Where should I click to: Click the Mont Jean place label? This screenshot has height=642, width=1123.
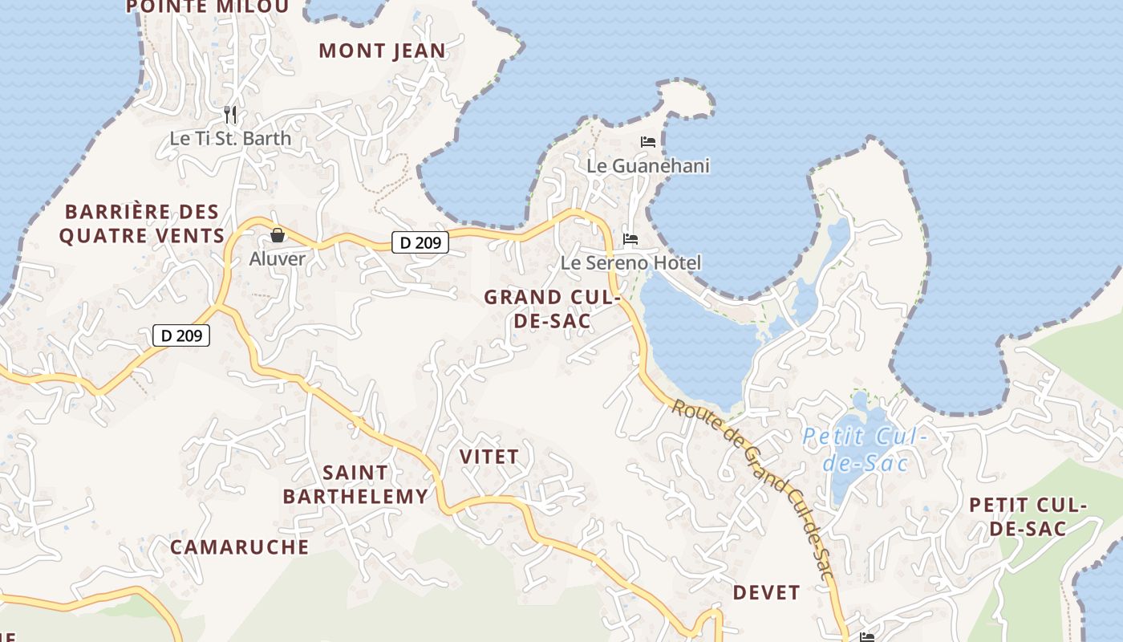(382, 51)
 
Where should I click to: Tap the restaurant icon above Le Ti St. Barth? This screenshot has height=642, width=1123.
(230, 115)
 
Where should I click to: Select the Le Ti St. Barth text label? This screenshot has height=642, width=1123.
(230, 138)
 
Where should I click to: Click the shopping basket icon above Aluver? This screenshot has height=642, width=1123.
(278, 235)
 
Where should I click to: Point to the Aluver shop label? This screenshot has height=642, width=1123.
(278, 258)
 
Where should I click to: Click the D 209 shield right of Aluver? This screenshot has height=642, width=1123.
(420, 242)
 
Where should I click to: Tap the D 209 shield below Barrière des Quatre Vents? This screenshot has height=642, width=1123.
(181, 335)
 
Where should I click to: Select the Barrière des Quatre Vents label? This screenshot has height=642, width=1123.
(142, 224)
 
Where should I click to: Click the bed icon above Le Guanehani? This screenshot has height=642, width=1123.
(648, 142)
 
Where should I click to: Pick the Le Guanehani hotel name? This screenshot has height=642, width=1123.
(648, 166)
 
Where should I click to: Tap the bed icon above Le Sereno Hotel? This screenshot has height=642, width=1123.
(630, 239)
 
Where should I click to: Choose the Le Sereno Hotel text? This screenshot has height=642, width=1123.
(630, 262)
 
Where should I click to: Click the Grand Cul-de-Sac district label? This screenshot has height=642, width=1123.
(552, 309)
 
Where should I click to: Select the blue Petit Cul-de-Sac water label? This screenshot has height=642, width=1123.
(866, 450)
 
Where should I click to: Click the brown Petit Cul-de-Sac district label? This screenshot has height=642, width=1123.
(1028, 517)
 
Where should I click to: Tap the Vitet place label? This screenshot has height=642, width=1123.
(489, 457)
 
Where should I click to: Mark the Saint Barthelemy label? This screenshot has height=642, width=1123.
(355, 484)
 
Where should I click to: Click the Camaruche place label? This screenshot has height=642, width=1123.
(239, 547)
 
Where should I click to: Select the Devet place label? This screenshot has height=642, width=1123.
(766, 593)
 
